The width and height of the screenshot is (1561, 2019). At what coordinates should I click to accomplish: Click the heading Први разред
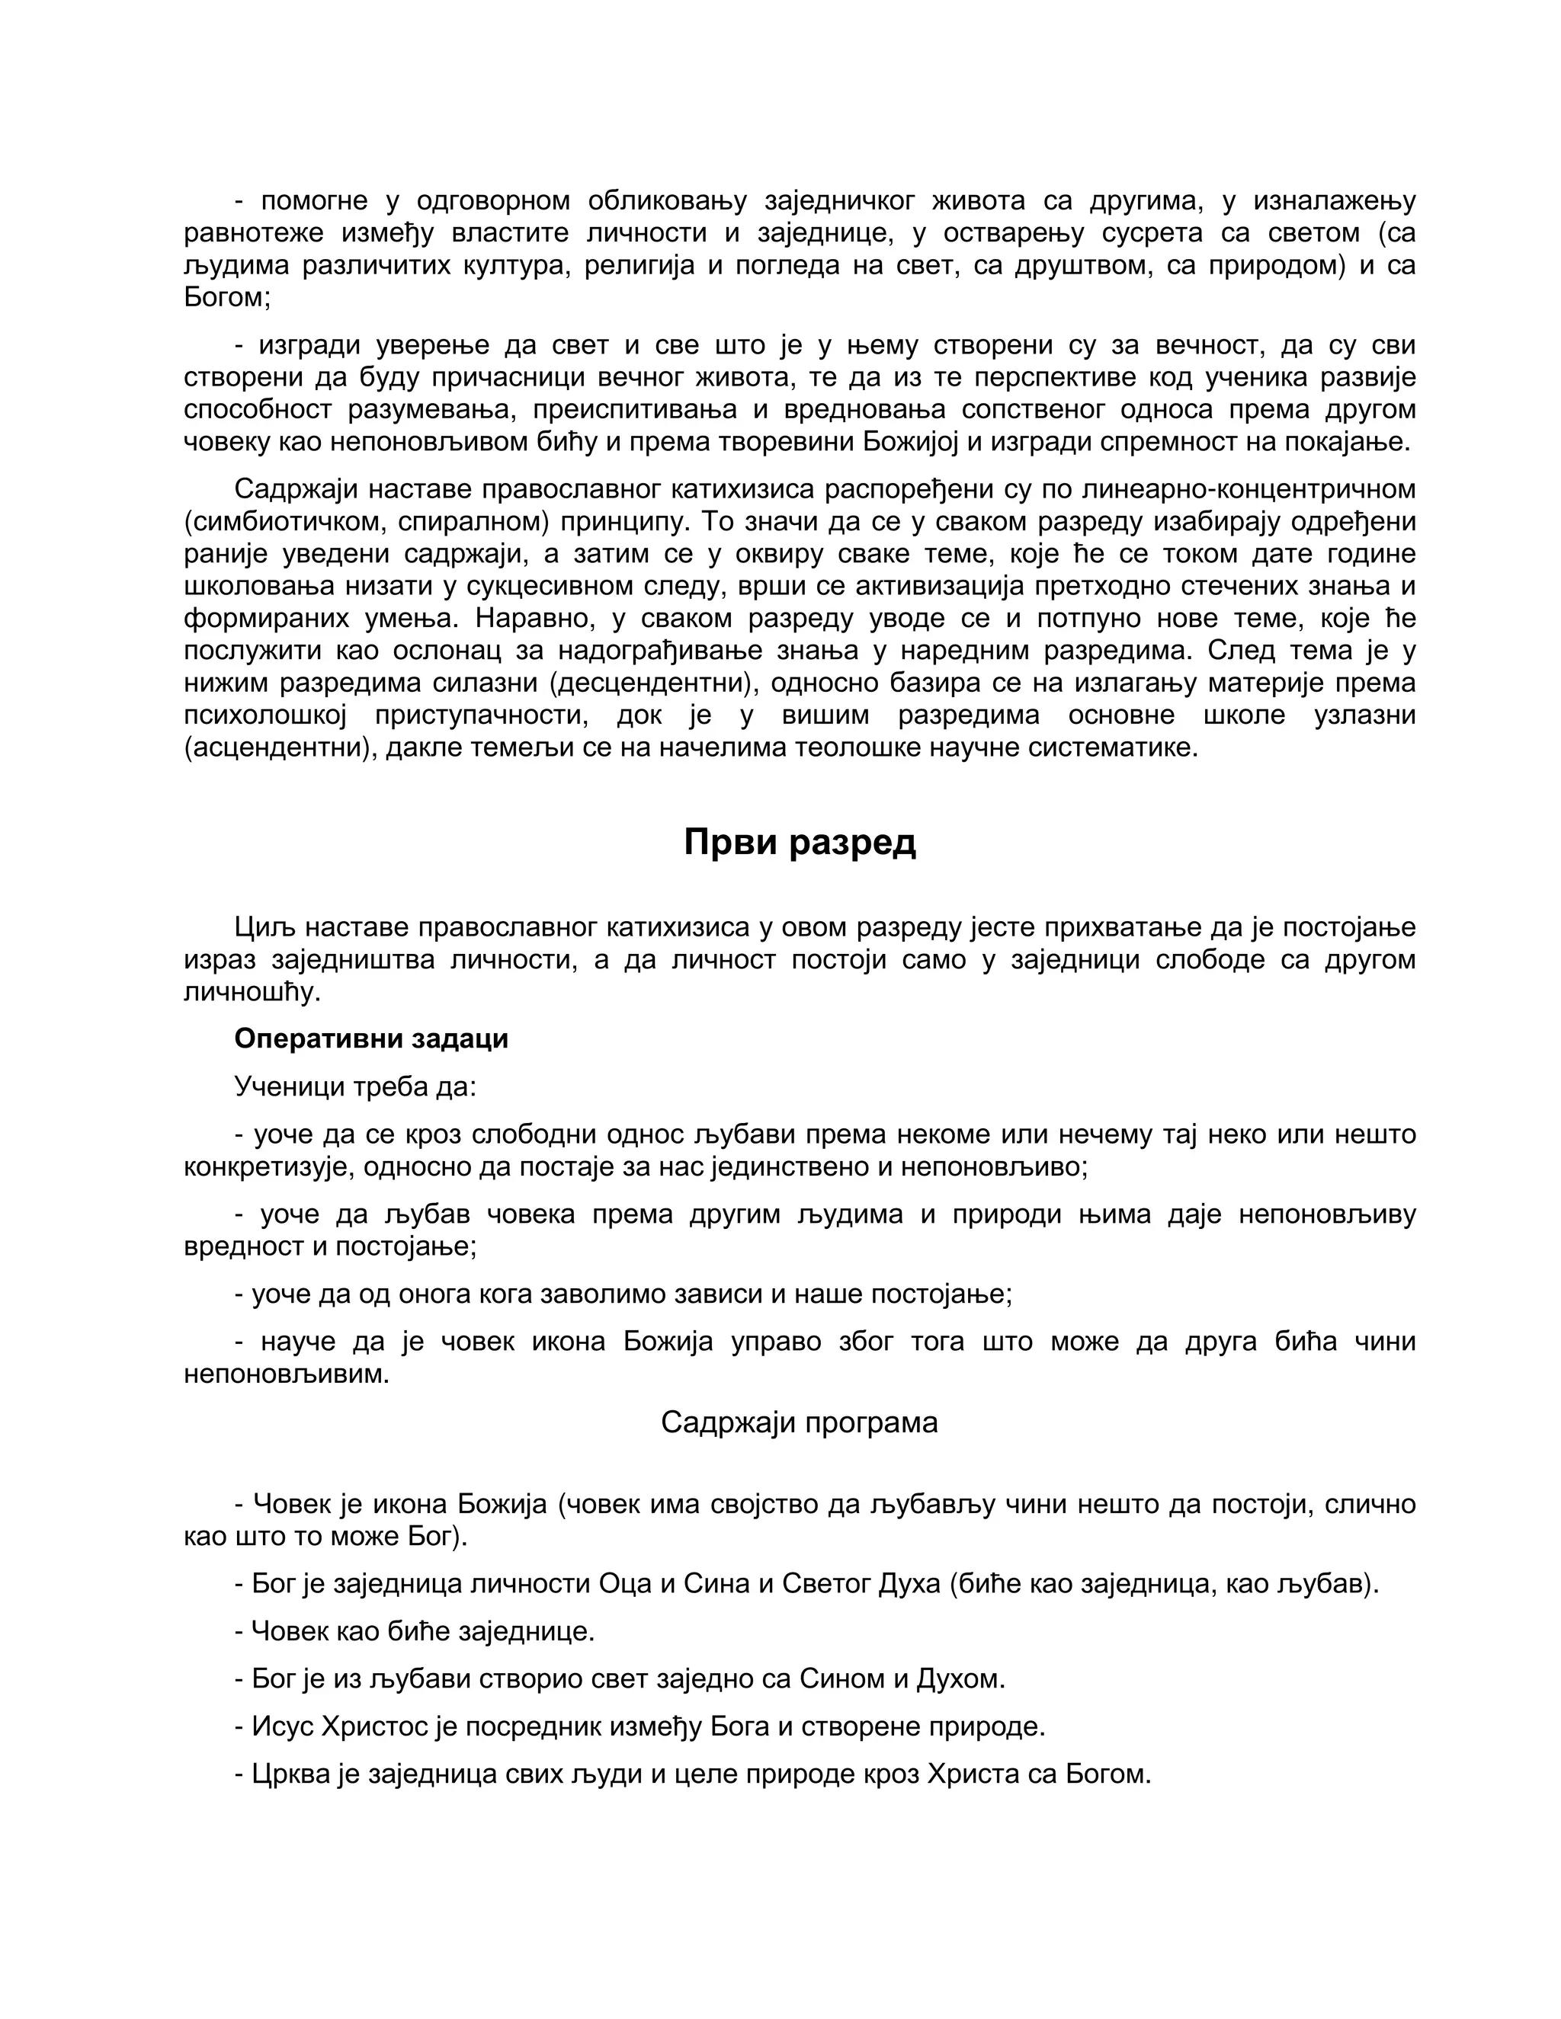coord(800,842)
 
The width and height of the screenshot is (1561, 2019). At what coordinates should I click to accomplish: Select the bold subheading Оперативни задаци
coord(371,1038)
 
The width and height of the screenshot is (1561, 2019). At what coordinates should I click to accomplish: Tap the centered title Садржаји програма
coord(799,1422)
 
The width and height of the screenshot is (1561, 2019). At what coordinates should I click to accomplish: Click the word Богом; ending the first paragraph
coord(226,298)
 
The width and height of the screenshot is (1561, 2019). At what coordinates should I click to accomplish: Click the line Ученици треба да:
coord(355,1086)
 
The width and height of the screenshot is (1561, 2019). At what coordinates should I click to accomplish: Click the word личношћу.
coord(252,992)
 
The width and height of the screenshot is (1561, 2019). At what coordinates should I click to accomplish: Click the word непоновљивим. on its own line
coord(287,1374)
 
